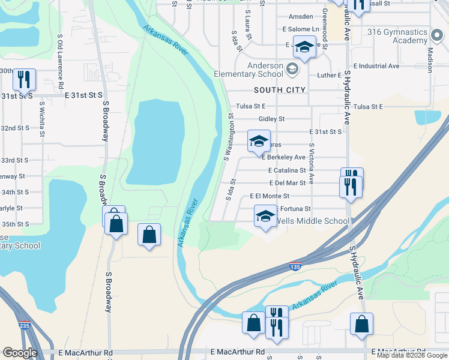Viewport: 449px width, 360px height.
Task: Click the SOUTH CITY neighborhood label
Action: pos(280,90)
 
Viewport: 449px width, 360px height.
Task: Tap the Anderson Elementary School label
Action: pos(249,70)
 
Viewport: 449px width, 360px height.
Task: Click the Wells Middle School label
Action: pos(312,221)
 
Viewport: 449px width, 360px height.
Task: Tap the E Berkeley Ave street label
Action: pos(284,157)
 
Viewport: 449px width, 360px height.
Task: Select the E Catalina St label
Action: pos(287,170)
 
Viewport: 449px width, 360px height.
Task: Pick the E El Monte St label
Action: pos(270,196)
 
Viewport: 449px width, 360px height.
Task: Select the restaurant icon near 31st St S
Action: pos(24,79)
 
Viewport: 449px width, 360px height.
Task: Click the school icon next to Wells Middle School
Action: pos(265,216)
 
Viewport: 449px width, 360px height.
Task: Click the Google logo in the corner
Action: pos(20,353)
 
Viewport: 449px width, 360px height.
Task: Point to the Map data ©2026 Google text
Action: pos(412,355)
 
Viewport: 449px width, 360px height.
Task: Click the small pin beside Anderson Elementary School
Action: pos(292,68)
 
